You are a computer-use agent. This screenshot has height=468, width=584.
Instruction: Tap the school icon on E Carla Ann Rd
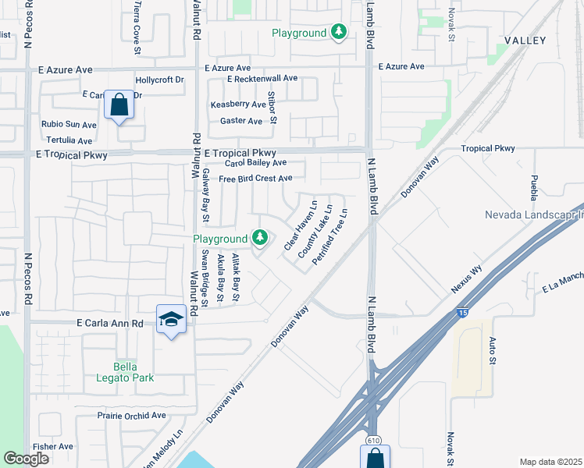[x=171, y=319]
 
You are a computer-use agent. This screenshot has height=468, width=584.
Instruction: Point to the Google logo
[x=26, y=459]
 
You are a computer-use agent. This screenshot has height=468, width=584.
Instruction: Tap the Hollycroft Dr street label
[x=159, y=80]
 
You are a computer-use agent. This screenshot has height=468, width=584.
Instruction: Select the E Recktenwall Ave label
[x=262, y=79]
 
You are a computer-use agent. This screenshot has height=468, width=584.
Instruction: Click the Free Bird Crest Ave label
[x=255, y=179]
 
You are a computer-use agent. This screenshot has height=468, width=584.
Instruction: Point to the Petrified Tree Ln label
[x=329, y=236]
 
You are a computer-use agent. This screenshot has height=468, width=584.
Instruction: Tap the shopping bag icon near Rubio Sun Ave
[x=119, y=105]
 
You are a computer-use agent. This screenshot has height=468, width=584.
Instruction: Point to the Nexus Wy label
[x=466, y=278]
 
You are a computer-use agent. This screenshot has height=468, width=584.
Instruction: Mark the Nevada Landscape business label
[x=534, y=214]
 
